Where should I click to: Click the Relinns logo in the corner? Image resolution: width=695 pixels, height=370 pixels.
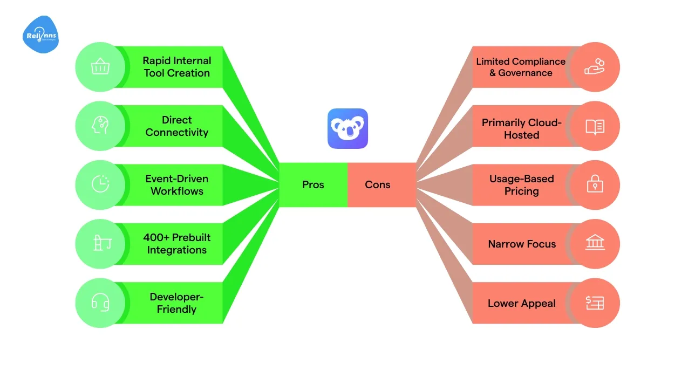pyautogui.click(x=41, y=35)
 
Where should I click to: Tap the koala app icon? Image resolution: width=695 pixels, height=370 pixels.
pyautogui.click(x=347, y=128)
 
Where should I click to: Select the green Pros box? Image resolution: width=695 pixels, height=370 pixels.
pyautogui.click(x=313, y=184)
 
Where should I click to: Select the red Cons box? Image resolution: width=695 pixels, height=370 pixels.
pyautogui.click(x=378, y=184)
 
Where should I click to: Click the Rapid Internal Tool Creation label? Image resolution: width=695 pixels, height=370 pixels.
pyautogui.click(x=176, y=67)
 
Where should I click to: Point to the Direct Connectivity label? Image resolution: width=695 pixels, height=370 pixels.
pyautogui.click(x=176, y=126)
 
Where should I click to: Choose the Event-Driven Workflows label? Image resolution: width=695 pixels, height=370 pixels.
pyautogui.click(x=176, y=185)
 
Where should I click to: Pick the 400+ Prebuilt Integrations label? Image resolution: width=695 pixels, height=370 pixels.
pyautogui.click(x=176, y=244)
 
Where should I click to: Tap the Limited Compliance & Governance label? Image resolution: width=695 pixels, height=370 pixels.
pyautogui.click(x=520, y=67)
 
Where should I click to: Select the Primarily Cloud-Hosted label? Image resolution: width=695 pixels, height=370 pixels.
pyautogui.click(x=521, y=129)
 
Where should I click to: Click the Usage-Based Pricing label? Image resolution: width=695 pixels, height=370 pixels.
pyautogui.click(x=521, y=185)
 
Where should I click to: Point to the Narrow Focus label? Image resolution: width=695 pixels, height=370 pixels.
pyautogui.click(x=521, y=244)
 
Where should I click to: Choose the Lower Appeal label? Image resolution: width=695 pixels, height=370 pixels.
pyautogui.click(x=521, y=303)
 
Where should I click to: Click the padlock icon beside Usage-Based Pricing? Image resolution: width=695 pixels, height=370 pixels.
pyautogui.click(x=595, y=185)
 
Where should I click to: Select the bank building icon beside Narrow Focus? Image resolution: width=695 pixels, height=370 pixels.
pyautogui.click(x=595, y=244)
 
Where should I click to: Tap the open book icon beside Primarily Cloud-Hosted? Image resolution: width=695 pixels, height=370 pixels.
pyautogui.click(x=595, y=127)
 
